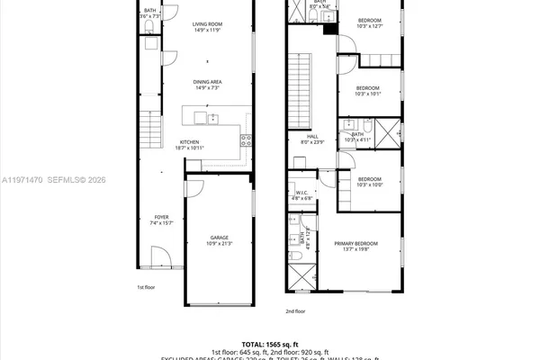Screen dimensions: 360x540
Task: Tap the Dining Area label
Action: pyautogui.click(x=207, y=82)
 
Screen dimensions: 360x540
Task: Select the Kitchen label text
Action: pyautogui.click(x=188, y=142)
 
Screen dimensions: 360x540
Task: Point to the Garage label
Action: pyautogui.click(x=207, y=238)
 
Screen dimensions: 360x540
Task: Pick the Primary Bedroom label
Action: pyautogui.click(x=355, y=244)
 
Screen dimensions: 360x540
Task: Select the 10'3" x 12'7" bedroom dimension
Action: pyautogui.click(x=369, y=26)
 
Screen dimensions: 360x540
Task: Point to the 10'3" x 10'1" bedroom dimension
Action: pyautogui.click(x=368, y=93)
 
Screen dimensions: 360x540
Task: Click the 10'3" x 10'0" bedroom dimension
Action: pyautogui.click(x=369, y=184)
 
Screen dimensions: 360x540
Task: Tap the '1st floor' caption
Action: pyautogui.click(x=146, y=287)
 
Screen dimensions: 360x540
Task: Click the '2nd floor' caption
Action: pyautogui.click(x=295, y=310)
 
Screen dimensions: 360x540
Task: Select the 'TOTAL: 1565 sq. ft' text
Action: pyautogui.click(x=270, y=344)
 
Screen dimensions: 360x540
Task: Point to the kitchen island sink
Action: pyautogui.click(x=214, y=117)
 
